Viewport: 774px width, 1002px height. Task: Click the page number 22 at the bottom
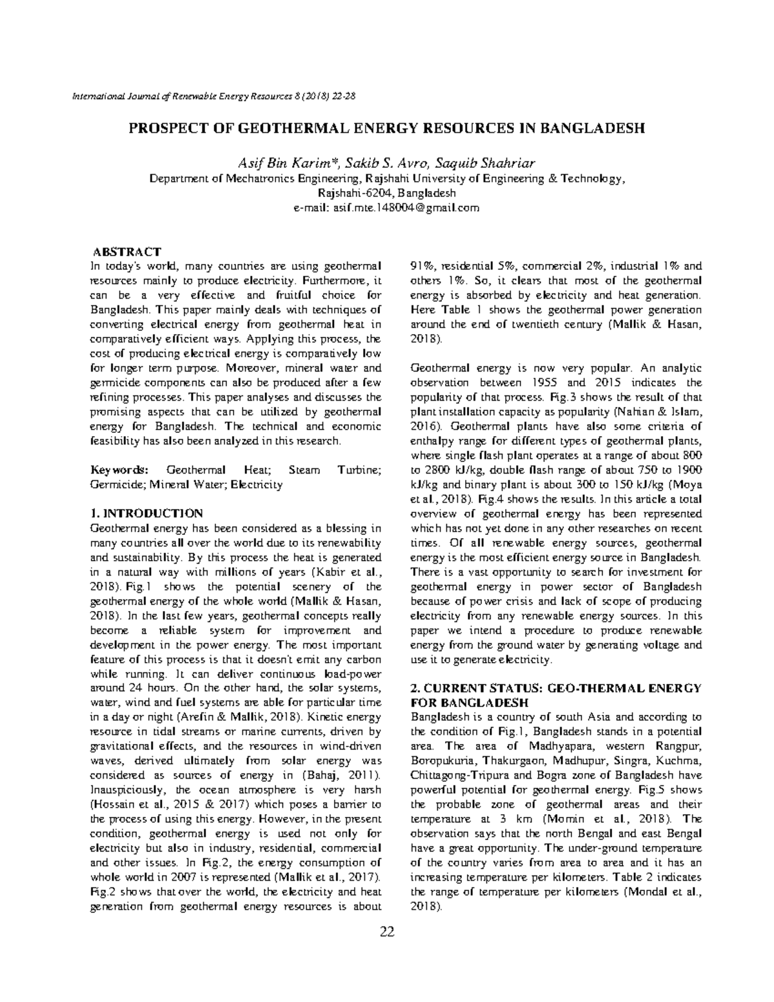point(386,931)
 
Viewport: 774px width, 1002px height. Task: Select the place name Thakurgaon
point(511,761)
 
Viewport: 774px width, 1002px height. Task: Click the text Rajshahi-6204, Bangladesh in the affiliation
point(386,193)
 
